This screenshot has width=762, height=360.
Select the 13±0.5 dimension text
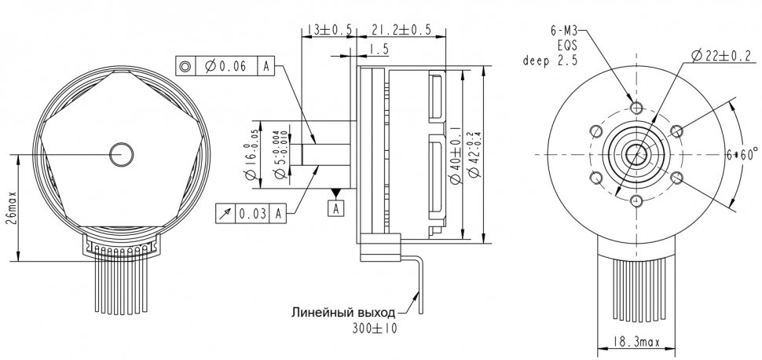coord(326,30)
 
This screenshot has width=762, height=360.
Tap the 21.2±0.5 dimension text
coord(402,30)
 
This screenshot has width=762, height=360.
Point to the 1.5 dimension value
coord(379,50)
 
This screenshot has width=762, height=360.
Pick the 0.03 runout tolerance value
coord(252,212)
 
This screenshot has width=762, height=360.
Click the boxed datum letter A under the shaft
coord(336,208)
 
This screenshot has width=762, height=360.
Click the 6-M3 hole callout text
coord(564,31)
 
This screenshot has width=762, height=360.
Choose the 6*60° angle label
coord(744,155)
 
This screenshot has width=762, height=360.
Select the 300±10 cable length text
coord(375,329)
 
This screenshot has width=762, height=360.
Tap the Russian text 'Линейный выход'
coord(343,311)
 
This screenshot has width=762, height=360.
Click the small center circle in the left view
coord(122,154)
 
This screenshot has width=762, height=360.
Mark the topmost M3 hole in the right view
coord(636,107)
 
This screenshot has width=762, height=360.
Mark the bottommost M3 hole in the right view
coord(636,202)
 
